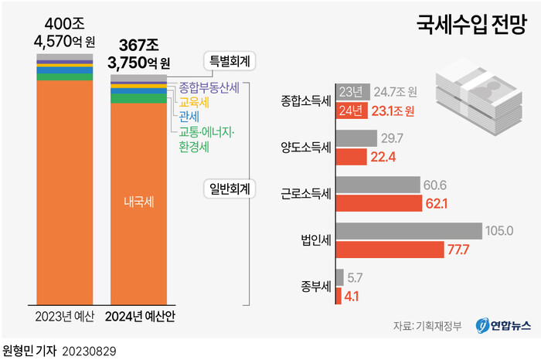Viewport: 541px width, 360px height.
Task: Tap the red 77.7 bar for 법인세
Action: point(390,250)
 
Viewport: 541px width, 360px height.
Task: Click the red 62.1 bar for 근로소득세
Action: point(377,204)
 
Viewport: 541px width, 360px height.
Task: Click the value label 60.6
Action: point(434,185)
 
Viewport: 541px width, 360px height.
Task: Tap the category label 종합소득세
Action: point(307,101)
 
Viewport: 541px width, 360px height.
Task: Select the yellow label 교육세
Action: point(192,101)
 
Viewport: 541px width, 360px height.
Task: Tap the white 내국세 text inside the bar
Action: point(139,203)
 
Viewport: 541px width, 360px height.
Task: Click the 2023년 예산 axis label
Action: point(65,316)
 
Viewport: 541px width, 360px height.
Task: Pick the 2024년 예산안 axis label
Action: point(141,316)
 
